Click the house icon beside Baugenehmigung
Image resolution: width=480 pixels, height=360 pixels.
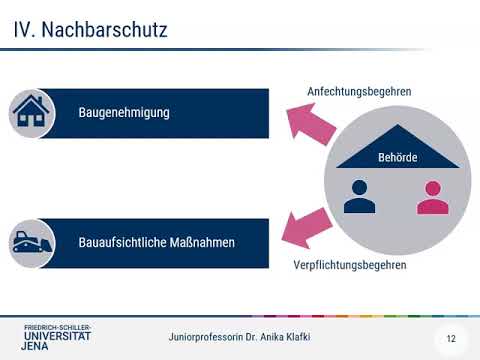click(34, 113)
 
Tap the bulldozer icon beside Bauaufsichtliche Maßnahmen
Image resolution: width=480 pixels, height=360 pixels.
click(34, 242)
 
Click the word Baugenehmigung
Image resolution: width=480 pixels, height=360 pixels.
click(123, 113)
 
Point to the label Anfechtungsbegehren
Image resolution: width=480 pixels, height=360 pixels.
click(359, 92)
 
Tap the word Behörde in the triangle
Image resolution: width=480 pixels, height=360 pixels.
click(398, 158)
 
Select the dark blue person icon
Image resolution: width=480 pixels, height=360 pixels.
click(358, 196)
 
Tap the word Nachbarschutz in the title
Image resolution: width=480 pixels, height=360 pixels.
click(104, 31)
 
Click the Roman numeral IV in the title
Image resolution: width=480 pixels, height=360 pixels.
click(24, 31)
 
